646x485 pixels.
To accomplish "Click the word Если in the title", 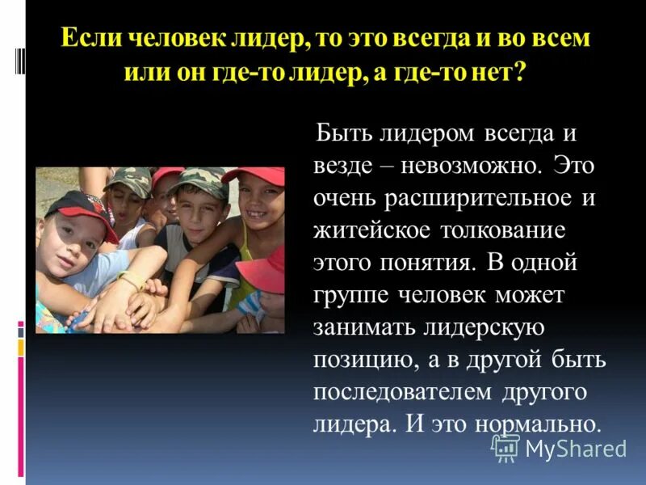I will (86, 40).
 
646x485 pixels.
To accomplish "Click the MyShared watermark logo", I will (559, 448).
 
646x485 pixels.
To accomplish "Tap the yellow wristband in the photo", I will (133, 281).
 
